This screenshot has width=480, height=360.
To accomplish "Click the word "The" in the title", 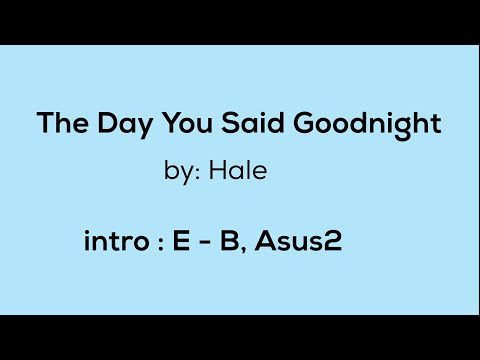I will pos(58,125).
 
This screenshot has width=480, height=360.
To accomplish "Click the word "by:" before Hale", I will pos(182,173).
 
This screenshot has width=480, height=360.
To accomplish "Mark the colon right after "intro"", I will pos(160,244).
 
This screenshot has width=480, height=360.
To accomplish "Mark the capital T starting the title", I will pos(45,125).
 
